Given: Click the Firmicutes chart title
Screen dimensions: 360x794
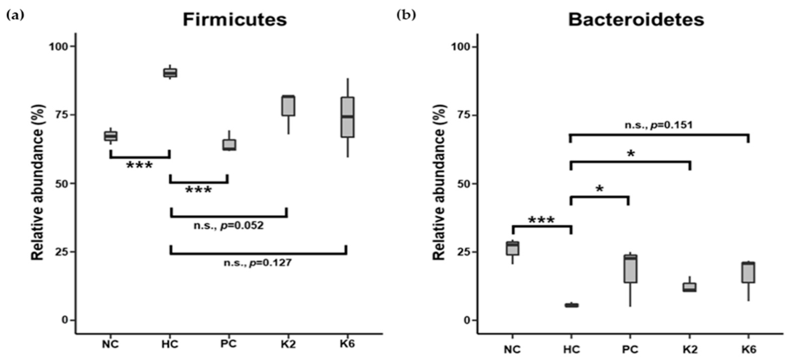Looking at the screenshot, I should point(235,20).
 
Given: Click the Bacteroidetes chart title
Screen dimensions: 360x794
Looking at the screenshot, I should point(636,20).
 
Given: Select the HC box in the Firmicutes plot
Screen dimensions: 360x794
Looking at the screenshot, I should point(170,73).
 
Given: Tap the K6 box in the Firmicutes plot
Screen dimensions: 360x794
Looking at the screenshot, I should point(347,117).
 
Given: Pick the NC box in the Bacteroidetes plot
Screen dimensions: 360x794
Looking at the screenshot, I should point(512,248).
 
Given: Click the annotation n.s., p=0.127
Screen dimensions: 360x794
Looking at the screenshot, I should point(257,263).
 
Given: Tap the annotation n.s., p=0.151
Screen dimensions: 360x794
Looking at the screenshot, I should point(658,125).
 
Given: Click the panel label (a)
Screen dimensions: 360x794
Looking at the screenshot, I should point(15,15).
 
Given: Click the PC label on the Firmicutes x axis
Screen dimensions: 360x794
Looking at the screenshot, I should point(229,343).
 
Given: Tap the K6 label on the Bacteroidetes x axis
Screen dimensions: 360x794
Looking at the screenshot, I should point(748,349).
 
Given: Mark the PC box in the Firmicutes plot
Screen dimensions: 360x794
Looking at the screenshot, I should point(229,145).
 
